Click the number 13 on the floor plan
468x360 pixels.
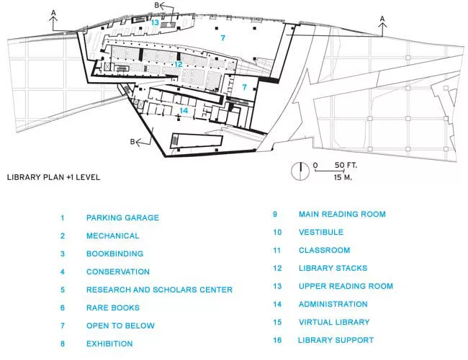pyautogui.click(x=155, y=22)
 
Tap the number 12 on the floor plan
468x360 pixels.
pyautogui.click(x=178, y=64)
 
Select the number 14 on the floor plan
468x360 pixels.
pyautogui.click(x=184, y=110)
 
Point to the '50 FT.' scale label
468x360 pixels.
pyautogui.click(x=346, y=165)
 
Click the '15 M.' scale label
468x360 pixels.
pyautogui.click(x=343, y=177)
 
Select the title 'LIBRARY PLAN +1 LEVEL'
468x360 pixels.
pyautogui.click(x=53, y=177)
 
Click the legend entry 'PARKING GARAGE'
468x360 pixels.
pyautogui.click(x=122, y=217)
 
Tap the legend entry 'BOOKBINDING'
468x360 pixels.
pyautogui.click(x=115, y=253)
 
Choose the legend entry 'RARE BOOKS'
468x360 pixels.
pyautogui.click(x=113, y=307)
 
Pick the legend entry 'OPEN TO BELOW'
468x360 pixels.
pyautogui.click(x=120, y=325)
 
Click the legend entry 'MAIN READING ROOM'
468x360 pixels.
pyautogui.click(x=342, y=214)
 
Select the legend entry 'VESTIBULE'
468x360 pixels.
pyautogui.click(x=321, y=232)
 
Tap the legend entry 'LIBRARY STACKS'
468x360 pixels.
pyautogui.click(x=333, y=268)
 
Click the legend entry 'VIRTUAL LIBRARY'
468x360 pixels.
pyautogui.click(x=334, y=322)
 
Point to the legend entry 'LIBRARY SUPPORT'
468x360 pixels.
pyautogui.click(x=336, y=340)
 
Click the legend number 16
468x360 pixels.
pyautogui.click(x=277, y=340)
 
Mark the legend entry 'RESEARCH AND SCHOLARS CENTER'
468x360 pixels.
pyautogui.click(x=159, y=289)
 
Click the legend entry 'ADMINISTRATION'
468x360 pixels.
pyautogui.click(x=333, y=304)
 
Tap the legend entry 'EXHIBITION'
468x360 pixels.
pyautogui.click(x=109, y=343)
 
